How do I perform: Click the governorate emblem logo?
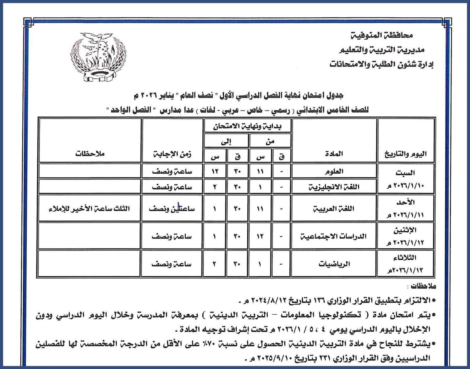98,56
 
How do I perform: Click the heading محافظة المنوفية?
382,36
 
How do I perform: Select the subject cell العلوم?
334,171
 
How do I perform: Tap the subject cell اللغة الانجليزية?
334,187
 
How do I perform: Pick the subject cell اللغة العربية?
334,209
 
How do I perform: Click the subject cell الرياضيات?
334,264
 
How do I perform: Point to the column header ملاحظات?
90,154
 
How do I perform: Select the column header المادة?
334,154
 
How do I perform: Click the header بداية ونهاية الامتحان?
248,127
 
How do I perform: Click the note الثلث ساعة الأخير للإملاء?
90,209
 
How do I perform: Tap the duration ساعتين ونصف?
172,209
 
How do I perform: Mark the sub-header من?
270,142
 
